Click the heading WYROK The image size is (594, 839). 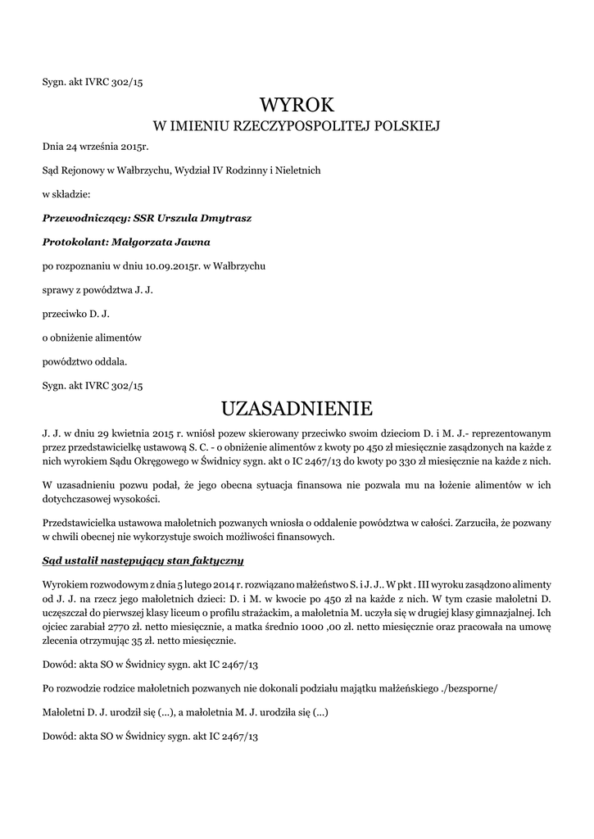(297, 105)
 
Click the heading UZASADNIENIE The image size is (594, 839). (297, 407)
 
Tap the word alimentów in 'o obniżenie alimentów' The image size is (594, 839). (120, 338)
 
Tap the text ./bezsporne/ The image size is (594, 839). (468, 689)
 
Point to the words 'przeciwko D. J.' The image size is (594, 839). (76, 314)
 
